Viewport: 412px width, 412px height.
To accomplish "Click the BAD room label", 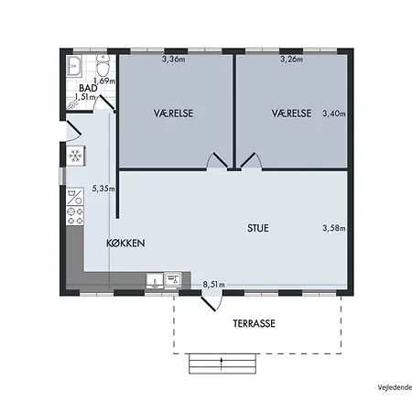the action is tap(88, 88).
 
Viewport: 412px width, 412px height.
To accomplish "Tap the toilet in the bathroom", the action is tap(103, 65).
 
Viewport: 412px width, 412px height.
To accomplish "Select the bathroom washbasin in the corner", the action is tap(74, 66).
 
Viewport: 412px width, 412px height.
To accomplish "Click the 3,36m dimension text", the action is tap(174, 59).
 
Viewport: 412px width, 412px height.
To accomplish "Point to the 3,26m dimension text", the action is tap(292, 59).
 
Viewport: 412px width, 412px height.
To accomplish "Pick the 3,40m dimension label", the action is tap(334, 114).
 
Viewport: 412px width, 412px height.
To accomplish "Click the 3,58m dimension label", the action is tap(334, 228).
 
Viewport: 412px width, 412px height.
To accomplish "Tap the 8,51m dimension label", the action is tap(214, 285).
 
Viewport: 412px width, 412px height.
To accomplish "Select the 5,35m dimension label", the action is tap(103, 189).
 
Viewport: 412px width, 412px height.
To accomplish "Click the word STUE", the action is tap(258, 228).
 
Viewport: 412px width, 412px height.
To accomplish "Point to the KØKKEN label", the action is tap(125, 244).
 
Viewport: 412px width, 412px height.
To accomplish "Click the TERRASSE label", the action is tap(255, 323).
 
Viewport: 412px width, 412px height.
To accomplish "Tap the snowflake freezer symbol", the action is tap(75, 156).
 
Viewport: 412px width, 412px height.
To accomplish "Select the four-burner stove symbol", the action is tap(75, 216).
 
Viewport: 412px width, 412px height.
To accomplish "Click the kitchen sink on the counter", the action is tap(155, 281).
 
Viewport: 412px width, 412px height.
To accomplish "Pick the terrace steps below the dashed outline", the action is tap(222, 363).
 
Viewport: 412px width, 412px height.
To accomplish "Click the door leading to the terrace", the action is tap(211, 300).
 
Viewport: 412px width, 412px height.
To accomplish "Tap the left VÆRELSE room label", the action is tap(173, 114).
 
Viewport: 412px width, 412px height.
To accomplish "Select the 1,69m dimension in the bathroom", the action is tap(104, 81).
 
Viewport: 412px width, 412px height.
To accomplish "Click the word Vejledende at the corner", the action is tap(395, 387).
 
